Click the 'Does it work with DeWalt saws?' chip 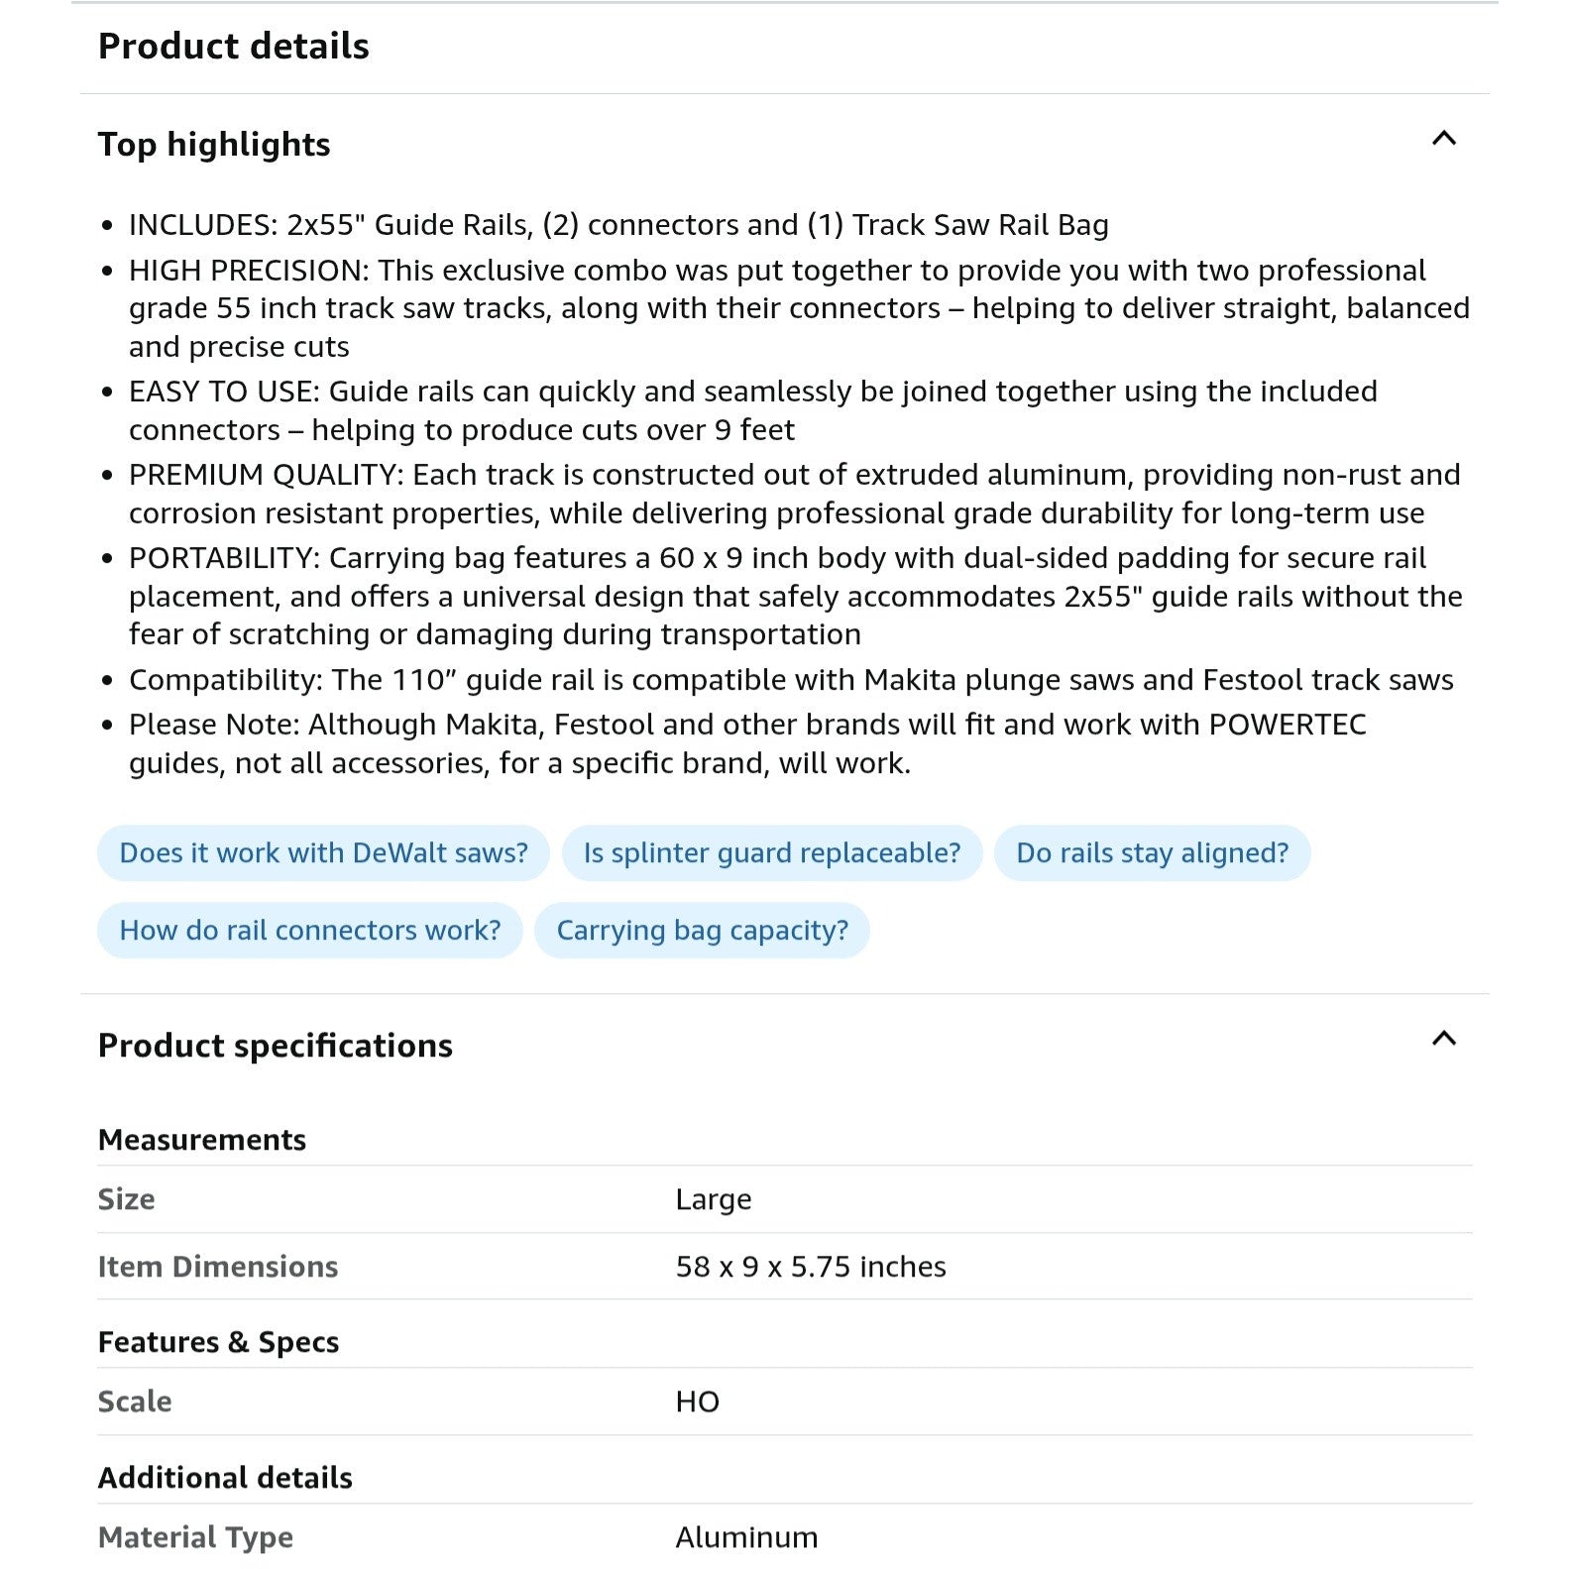point(323,853)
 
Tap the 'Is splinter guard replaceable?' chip point(771,853)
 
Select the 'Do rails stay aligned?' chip point(1152,853)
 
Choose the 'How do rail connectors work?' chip point(309,931)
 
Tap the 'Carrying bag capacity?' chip point(702,931)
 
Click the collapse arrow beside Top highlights point(1443,139)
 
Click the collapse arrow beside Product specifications point(1443,1039)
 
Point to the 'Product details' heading point(233,47)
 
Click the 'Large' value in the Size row point(713,1199)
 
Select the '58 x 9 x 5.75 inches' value point(810,1267)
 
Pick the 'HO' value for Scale point(697,1401)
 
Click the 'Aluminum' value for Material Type point(746,1537)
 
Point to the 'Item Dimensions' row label point(217,1267)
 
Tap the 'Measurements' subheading point(201,1140)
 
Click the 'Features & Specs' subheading point(218,1342)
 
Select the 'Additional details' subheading point(225,1478)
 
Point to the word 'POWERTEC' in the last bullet point(1287,725)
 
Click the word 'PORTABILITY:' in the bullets point(224,558)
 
